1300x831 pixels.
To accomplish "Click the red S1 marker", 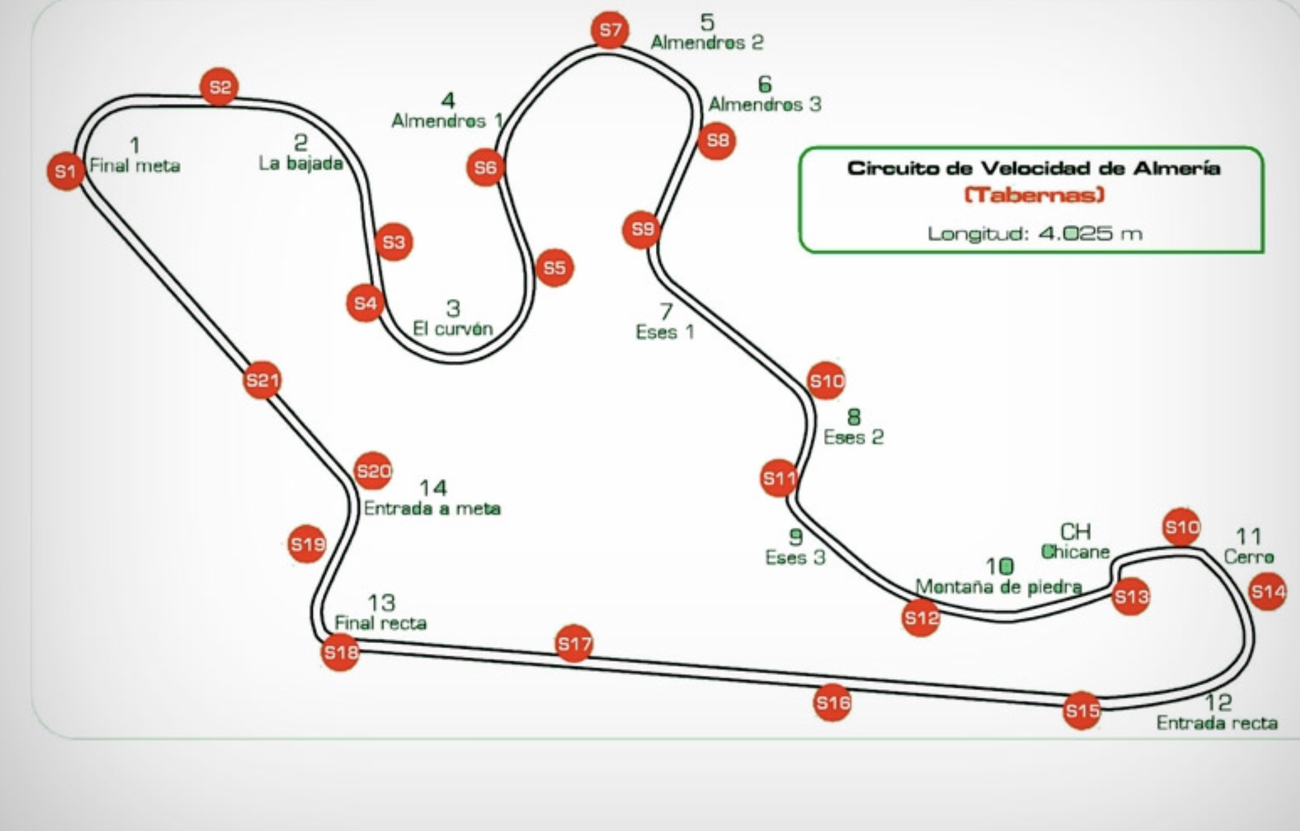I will tap(65, 171).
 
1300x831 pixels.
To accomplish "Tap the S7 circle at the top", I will tap(610, 30).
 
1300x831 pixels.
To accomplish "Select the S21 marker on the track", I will tap(262, 380).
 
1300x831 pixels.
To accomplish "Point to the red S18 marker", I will tap(340, 652).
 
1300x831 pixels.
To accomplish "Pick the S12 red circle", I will tap(921, 618).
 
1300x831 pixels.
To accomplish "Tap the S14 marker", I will tap(1267, 592).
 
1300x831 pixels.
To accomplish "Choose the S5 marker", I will tap(554, 268).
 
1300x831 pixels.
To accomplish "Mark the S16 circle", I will tap(832, 702).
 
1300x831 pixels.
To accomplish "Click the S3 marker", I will tap(393, 242).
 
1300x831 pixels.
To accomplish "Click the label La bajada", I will tap(300, 164).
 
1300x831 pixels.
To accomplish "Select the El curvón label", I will tap(453, 329).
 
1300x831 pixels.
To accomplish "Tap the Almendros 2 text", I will tap(707, 43).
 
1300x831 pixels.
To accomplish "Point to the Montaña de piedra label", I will tap(998, 586).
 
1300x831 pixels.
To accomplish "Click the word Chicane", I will tap(1075, 551).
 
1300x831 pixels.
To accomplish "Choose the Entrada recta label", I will tap(1217, 723).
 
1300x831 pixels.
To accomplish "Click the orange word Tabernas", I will tap(1034, 195).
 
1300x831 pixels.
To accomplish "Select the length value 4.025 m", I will tap(1090, 234).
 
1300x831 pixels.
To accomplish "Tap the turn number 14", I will tap(433, 488).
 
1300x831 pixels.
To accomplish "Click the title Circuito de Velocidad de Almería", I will tap(1033, 169).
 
